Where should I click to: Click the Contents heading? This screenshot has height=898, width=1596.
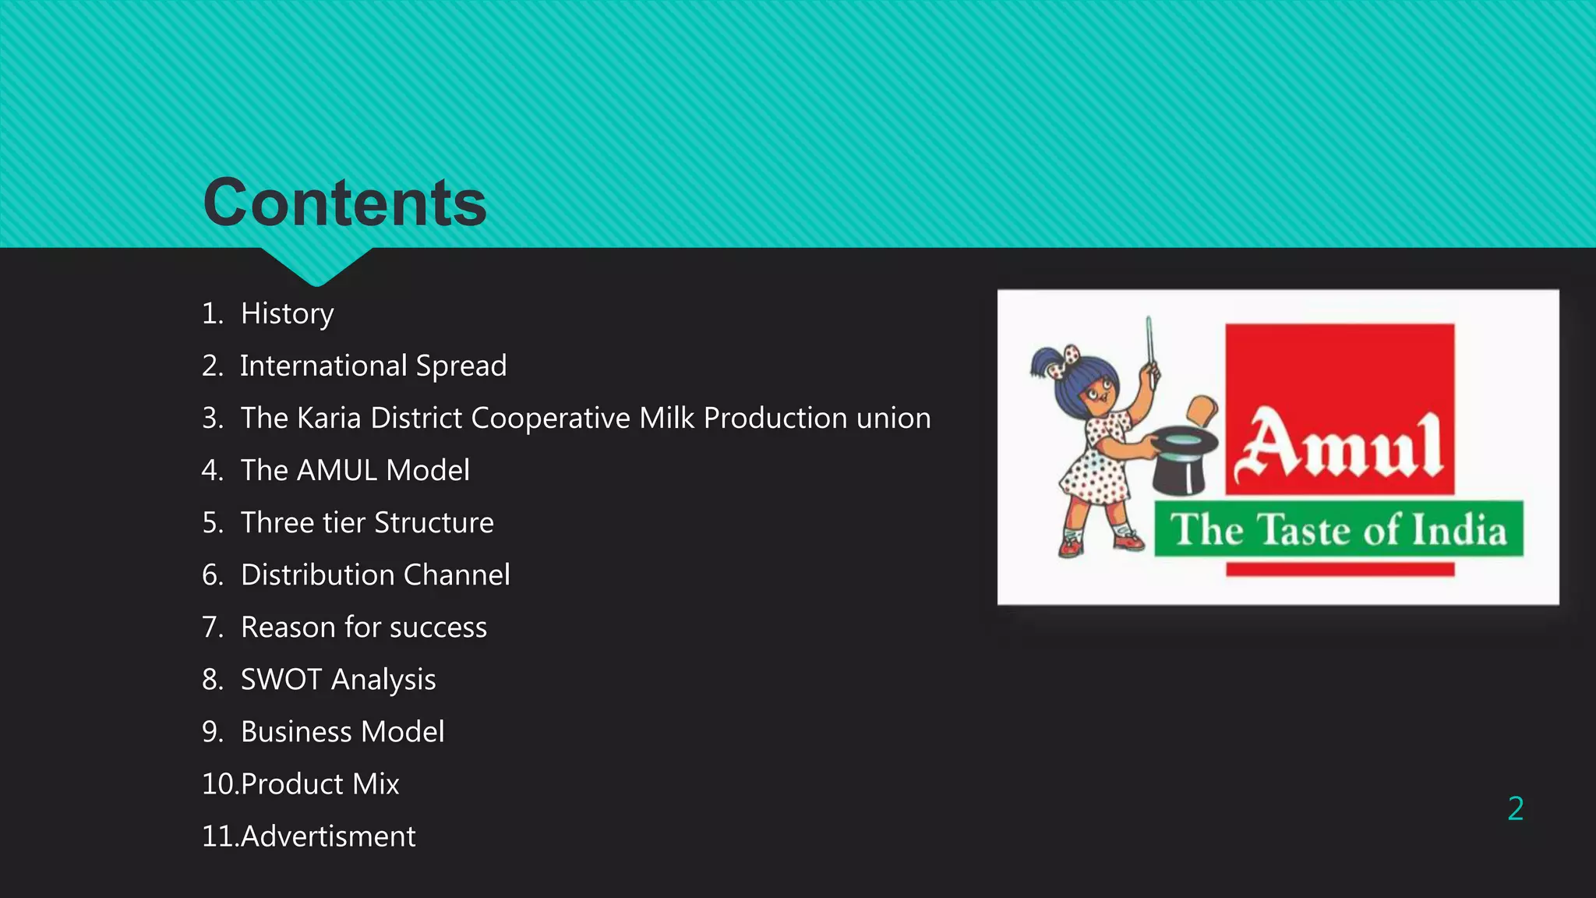click(x=344, y=203)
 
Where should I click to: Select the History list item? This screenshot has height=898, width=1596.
click(x=287, y=313)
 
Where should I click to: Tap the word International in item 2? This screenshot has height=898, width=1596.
click(x=323, y=366)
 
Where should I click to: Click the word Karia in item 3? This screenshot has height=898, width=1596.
click(x=329, y=418)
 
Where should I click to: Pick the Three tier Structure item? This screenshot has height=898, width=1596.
click(x=367, y=522)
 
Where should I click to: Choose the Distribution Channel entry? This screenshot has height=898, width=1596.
click(x=375, y=575)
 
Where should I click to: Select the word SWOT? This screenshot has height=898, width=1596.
click(x=281, y=679)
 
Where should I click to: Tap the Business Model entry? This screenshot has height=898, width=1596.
click(x=342, y=731)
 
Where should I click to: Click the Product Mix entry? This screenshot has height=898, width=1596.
click(x=320, y=783)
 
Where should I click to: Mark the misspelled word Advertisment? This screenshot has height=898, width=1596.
click(x=328, y=836)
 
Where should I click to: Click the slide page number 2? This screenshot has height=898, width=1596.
click(x=1515, y=808)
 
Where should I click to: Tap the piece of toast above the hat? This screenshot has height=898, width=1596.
click(x=1202, y=411)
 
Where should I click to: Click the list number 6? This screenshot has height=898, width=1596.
click(x=212, y=575)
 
